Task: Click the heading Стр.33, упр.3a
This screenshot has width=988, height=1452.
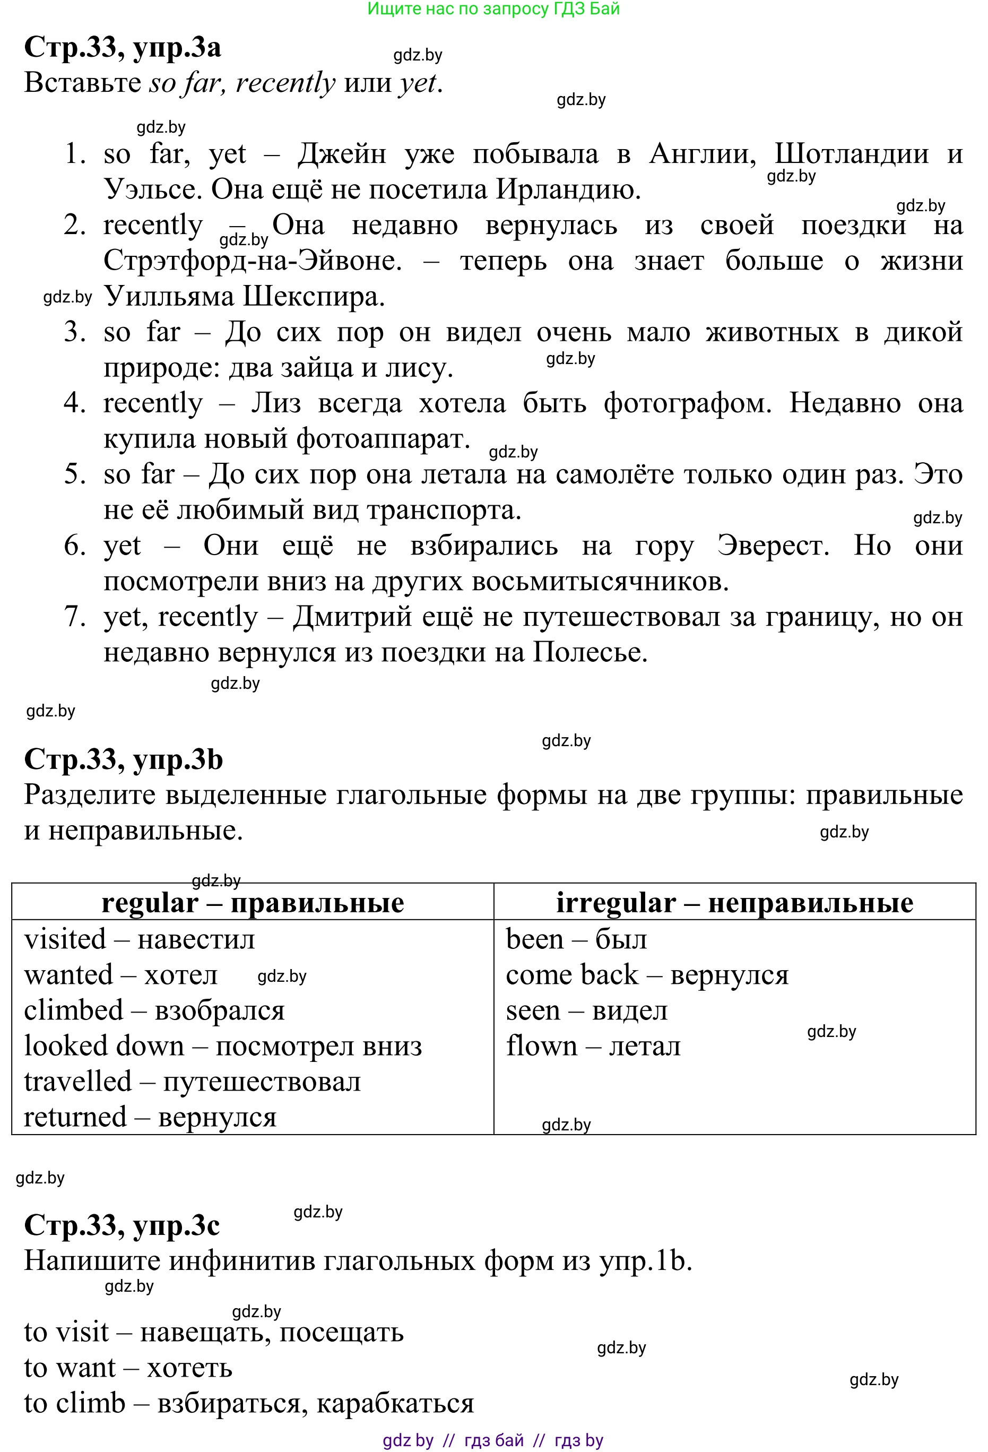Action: [x=123, y=47]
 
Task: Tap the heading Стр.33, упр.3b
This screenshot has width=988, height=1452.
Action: [x=123, y=760]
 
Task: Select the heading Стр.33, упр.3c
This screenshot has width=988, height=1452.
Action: [x=122, y=1225]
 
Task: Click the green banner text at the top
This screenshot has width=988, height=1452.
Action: [x=493, y=8]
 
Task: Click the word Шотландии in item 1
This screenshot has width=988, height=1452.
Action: [x=851, y=154]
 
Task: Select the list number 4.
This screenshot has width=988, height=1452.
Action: [x=74, y=403]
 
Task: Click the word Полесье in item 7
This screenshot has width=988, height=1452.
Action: [x=590, y=652]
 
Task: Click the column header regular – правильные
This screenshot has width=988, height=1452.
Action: [x=253, y=903]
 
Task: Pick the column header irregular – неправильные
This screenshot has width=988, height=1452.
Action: [x=734, y=903]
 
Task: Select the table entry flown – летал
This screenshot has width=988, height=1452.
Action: [x=593, y=1047]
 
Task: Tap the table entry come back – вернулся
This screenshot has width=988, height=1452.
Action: [x=647, y=975]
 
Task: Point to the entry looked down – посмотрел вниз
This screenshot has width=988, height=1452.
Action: [x=223, y=1047]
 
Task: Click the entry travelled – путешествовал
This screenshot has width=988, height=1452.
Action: [x=193, y=1082]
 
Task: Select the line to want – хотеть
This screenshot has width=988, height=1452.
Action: [x=128, y=1368]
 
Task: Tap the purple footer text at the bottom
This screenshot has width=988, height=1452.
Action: [x=493, y=1440]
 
